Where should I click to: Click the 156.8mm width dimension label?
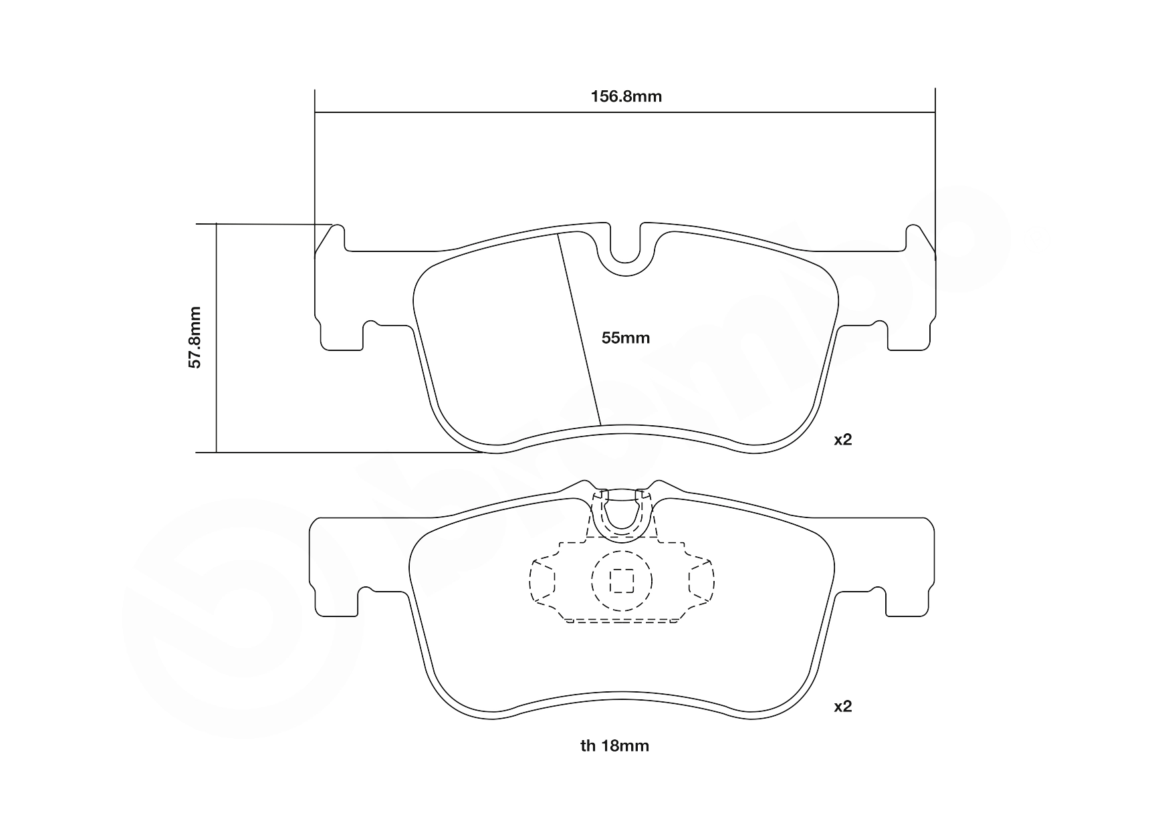[626, 96]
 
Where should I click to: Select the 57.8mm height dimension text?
[195, 338]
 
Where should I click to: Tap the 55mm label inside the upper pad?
[625, 338]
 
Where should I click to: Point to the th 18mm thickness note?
[614, 746]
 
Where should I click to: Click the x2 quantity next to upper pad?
[842, 440]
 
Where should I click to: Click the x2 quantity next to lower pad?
[842, 707]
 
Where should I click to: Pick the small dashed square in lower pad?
[622, 581]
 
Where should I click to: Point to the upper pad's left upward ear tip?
[338, 229]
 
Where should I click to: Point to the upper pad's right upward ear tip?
[913, 229]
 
